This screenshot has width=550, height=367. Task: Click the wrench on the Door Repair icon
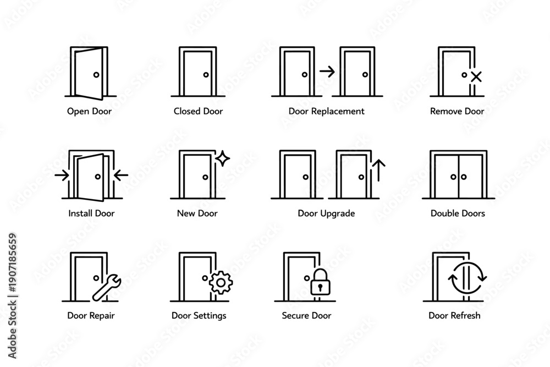click(107, 288)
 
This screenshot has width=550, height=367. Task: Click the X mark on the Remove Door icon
click(476, 77)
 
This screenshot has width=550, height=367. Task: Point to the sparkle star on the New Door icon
click(222, 158)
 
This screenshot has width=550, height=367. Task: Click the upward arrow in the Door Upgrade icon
click(378, 170)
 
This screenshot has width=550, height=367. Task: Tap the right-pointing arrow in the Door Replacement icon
click(327, 72)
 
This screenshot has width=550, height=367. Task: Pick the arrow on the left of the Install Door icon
click(62, 175)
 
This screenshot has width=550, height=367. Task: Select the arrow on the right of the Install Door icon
click(121, 175)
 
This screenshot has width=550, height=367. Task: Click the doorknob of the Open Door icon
click(96, 75)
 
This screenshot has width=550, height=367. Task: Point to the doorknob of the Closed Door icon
click(206, 75)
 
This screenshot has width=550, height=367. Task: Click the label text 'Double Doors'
click(458, 213)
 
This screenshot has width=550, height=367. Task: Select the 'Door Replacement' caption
click(326, 111)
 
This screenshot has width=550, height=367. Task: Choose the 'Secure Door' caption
click(306, 315)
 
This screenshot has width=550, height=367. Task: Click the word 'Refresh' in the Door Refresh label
click(465, 315)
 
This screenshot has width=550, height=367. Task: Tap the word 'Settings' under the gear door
click(209, 316)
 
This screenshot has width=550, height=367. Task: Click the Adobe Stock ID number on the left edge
click(13, 263)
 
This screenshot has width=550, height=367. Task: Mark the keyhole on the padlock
click(320, 287)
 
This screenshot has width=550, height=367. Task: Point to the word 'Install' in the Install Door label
click(80, 213)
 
